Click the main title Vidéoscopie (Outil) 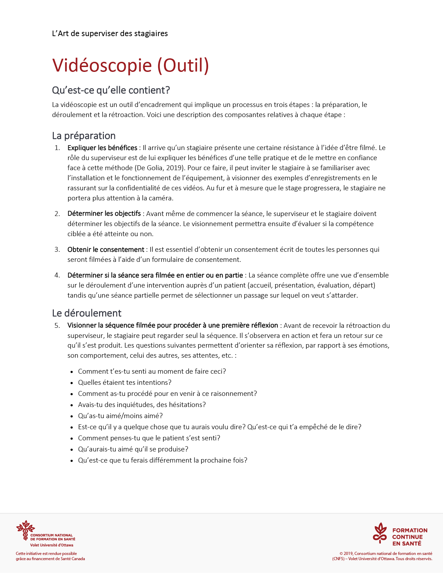130,65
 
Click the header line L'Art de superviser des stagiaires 110,34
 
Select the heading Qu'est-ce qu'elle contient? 111,90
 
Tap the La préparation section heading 84,136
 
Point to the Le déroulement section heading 87,313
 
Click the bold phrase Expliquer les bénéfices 102,148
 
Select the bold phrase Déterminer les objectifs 104,214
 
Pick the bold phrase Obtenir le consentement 106,250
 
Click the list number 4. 57,275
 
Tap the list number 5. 57,326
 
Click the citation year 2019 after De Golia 175,168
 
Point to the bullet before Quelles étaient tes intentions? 72,383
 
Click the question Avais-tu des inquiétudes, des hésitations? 142,405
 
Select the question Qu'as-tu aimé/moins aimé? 120,416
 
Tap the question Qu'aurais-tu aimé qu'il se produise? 133,449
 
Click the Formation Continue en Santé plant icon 380,533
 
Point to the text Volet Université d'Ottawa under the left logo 51,545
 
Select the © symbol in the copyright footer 341,554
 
